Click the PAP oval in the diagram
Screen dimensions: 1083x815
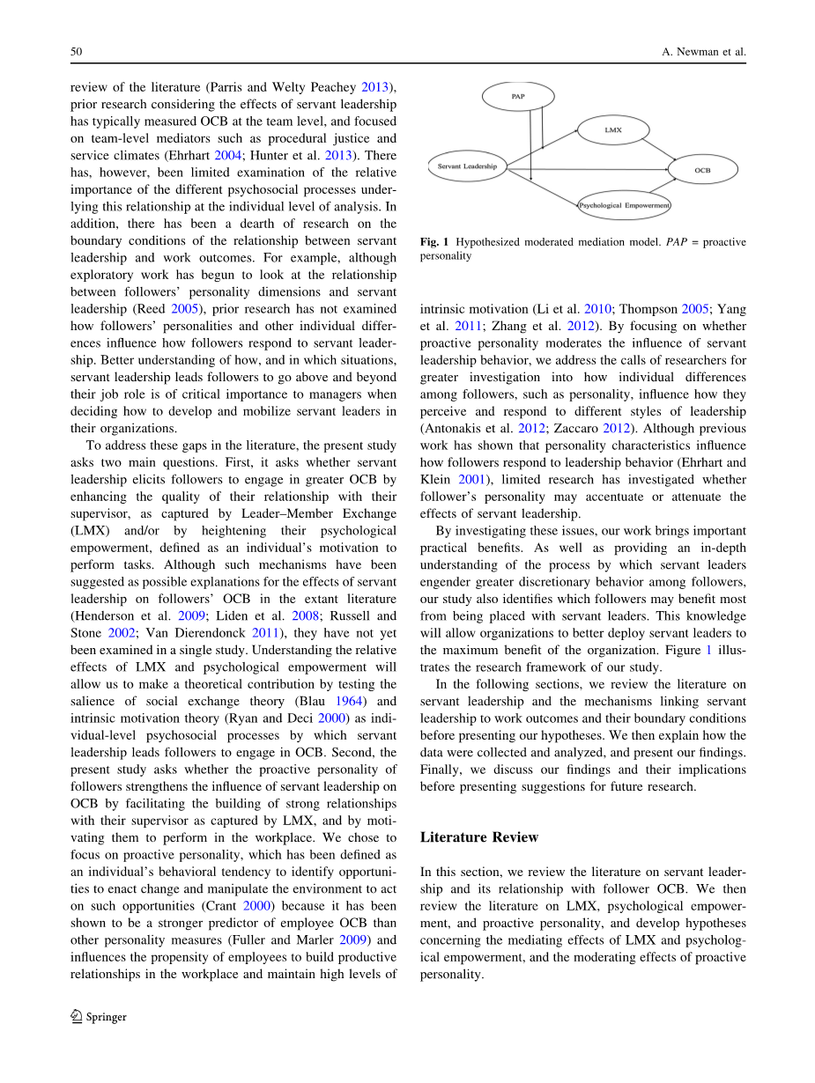pos(518,96)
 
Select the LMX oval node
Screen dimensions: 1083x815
pos(613,129)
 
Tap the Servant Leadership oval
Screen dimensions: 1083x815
pos(467,166)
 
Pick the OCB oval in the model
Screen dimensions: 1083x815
pos(702,169)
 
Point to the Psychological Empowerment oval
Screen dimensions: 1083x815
pos(624,205)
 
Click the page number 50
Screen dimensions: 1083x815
pos(76,52)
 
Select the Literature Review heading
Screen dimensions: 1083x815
pos(479,836)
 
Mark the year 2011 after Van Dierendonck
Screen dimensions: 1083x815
pos(262,634)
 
